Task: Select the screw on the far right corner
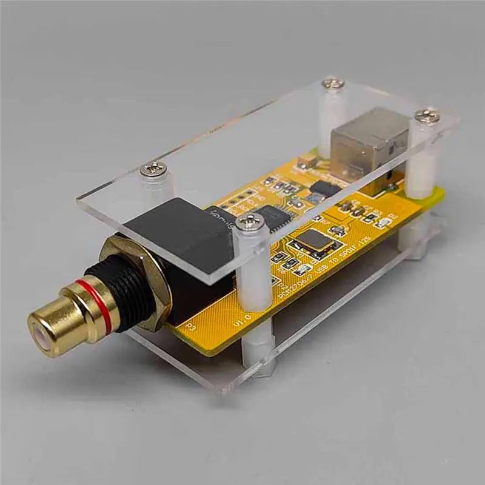[428, 115]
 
